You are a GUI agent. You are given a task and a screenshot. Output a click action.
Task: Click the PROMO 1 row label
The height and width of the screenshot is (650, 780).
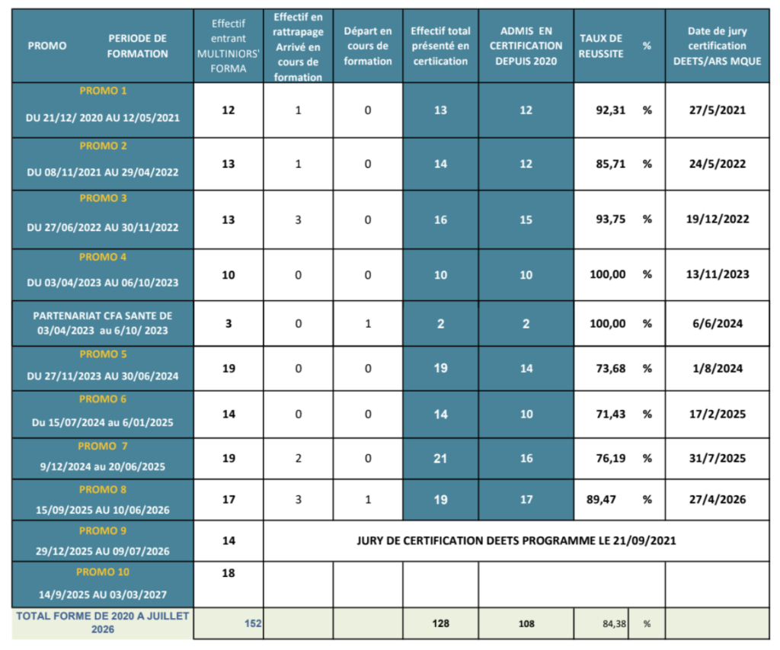click(103, 91)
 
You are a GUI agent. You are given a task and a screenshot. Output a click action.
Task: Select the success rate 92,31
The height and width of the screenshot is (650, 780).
click(610, 110)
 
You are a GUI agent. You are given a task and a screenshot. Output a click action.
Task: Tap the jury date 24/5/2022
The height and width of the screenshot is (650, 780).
click(718, 164)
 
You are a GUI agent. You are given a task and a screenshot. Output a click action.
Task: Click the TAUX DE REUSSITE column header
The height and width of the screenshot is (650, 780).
click(601, 46)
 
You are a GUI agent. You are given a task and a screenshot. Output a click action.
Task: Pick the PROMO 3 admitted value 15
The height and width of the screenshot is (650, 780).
click(526, 219)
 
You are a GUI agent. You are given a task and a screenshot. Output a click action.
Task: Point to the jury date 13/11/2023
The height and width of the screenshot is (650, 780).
click(718, 274)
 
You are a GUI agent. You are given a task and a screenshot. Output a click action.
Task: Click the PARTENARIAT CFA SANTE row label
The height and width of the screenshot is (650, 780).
click(103, 323)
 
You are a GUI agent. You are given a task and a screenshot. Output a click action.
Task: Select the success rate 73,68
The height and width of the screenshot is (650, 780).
click(610, 368)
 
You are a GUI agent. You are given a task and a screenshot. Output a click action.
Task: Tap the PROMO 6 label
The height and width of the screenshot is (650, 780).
click(103, 399)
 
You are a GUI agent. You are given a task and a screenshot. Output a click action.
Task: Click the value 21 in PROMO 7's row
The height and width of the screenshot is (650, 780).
click(440, 459)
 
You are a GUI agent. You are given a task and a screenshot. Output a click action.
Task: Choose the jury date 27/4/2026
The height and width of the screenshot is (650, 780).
click(718, 499)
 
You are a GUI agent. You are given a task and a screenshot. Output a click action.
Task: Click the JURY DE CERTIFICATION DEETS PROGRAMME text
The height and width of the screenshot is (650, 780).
click(516, 540)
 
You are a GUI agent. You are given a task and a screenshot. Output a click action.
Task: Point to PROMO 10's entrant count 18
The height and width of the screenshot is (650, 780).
click(229, 573)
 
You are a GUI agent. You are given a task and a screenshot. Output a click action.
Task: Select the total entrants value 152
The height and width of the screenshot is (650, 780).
click(253, 623)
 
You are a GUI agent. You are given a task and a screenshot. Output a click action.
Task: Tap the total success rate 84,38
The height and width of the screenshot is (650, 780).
click(615, 623)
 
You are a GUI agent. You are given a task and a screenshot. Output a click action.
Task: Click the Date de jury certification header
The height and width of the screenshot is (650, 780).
click(718, 46)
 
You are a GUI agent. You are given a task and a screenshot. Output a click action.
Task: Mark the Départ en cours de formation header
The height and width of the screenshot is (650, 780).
click(368, 46)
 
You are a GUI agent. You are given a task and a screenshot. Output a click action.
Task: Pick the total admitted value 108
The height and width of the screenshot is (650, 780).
click(526, 623)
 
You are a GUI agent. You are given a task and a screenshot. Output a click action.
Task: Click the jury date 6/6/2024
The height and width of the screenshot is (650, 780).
click(718, 324)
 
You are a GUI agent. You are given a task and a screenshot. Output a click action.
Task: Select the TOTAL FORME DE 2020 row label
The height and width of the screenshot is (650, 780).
click(103, 622)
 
